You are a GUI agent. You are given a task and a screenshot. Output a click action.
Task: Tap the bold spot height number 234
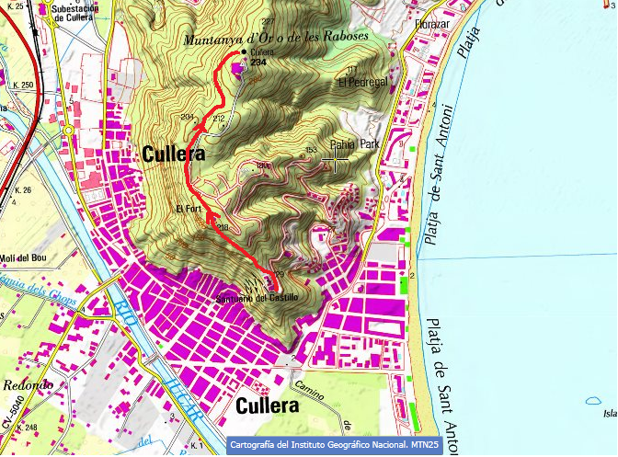coord(246,63)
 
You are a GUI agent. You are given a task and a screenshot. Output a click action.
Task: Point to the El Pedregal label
coord(363,82)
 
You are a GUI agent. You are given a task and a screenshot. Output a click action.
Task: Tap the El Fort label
coord(189,210)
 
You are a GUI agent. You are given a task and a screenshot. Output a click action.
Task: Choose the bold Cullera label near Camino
coord(268,406)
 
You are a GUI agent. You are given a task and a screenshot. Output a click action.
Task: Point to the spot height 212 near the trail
coord(218,120)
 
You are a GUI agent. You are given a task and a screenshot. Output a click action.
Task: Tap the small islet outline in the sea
coord(589,402)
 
